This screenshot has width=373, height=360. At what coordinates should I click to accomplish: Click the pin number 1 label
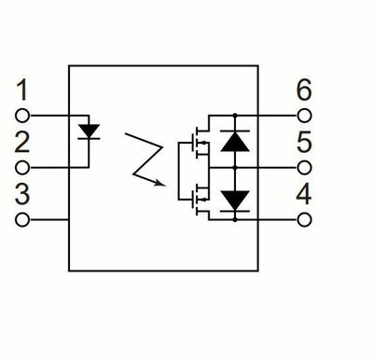22,90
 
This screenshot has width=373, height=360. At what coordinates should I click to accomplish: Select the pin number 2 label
22,142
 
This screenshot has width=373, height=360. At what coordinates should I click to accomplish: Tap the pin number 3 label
22,194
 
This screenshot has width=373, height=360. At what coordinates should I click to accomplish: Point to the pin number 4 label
304,194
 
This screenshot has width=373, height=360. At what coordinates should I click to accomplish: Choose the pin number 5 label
304,142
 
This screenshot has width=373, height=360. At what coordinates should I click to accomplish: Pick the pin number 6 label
304,90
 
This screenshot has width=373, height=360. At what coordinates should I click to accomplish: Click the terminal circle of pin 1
22,116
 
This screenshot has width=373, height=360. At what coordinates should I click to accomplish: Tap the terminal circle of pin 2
22,168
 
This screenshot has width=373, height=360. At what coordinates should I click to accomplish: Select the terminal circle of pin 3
22,220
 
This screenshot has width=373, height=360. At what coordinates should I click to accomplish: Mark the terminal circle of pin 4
304,220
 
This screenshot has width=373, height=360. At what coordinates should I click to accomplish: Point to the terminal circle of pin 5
304,168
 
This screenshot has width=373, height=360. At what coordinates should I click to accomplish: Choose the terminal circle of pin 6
304,116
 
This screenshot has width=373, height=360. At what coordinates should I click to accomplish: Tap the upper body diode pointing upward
235,141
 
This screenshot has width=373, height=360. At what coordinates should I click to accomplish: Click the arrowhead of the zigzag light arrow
159,183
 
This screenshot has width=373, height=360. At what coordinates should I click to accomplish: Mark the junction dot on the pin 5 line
235,168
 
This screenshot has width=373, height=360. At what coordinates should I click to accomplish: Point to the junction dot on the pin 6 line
235,116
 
